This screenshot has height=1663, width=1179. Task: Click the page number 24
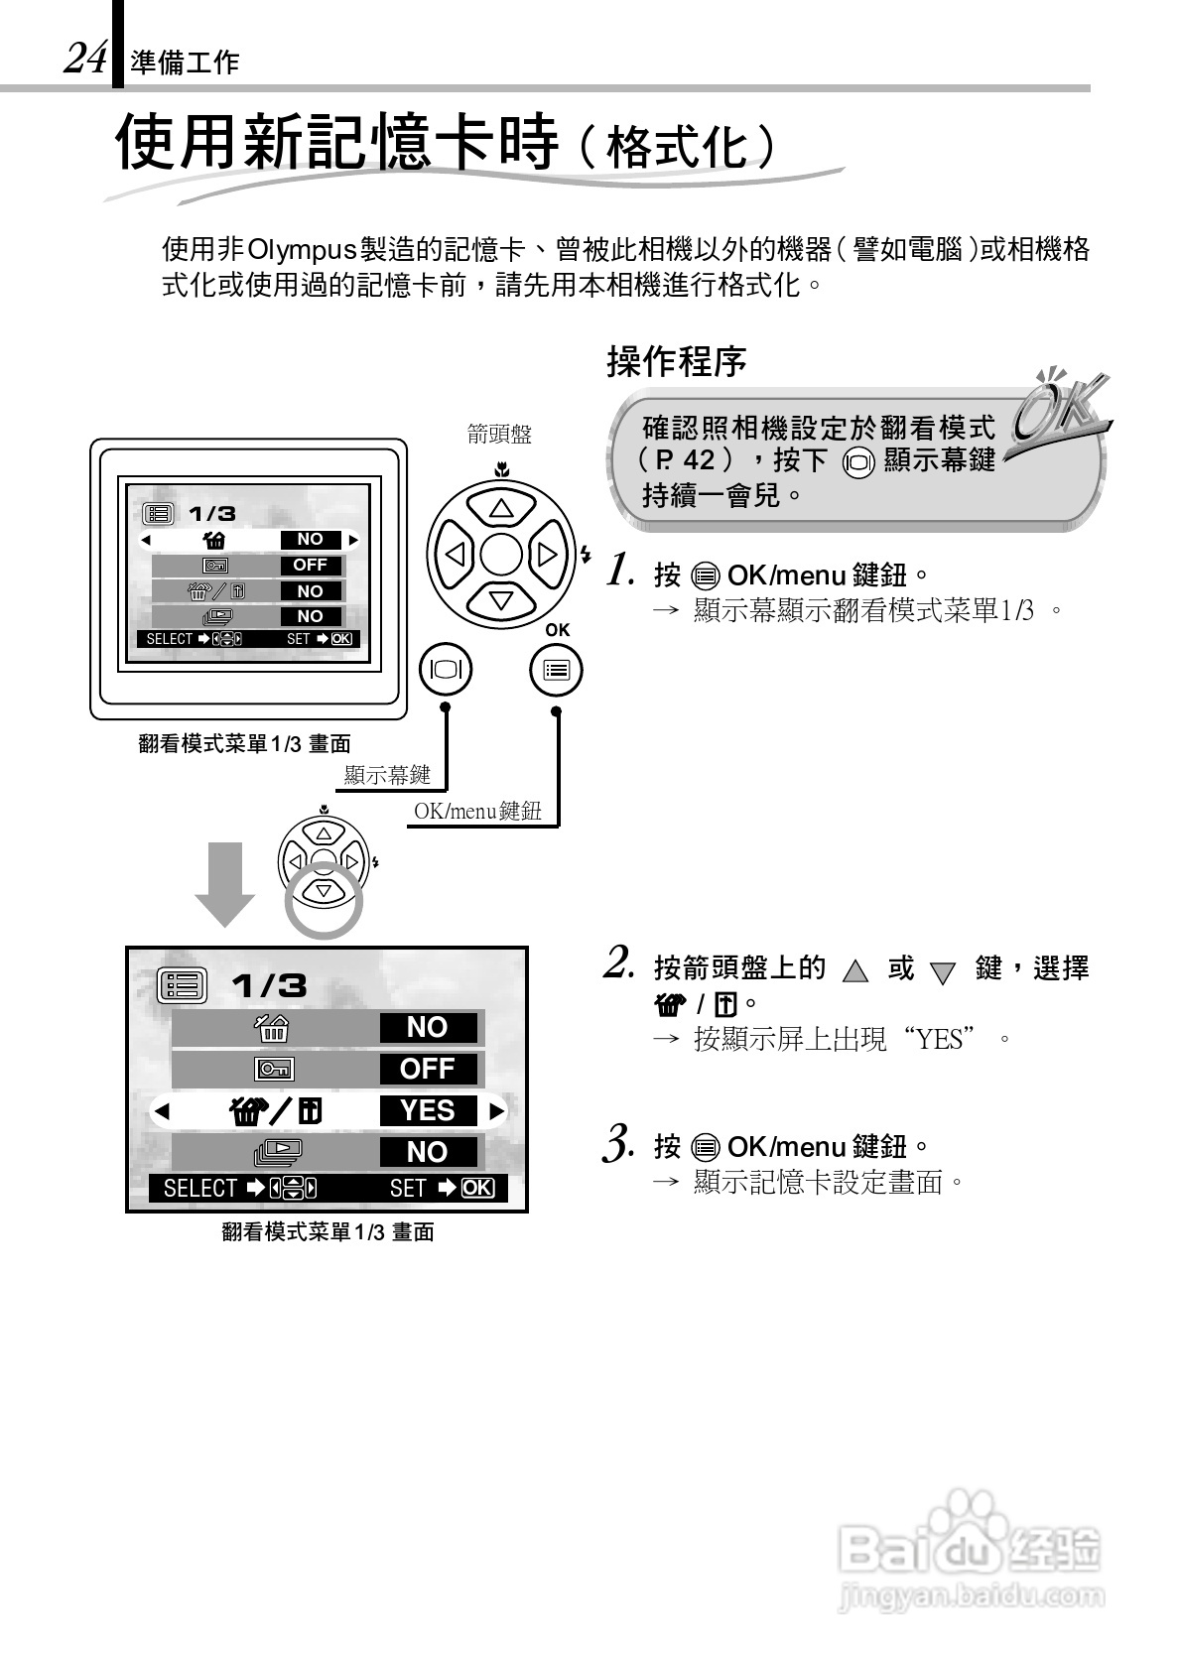coord(84,59)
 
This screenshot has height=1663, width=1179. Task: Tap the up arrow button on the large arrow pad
coord(500,509)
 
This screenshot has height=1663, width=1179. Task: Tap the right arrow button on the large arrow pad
coord(547,555)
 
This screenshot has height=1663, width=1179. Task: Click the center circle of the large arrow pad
coord(500,555)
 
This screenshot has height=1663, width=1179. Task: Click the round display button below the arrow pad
coord(446,670)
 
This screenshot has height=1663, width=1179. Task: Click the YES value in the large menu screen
coord(428,1110)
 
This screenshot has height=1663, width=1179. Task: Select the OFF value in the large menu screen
coord(428,1069)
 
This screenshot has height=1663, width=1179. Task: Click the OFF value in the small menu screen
coord(310,565)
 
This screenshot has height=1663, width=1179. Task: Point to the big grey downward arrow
coord(224,883)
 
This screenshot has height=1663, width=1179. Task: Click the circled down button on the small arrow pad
coord(324,891)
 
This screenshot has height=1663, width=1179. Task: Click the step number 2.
coord(619,962)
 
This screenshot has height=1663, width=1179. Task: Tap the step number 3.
coord(619,1143)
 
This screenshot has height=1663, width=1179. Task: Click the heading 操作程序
coord(676,361)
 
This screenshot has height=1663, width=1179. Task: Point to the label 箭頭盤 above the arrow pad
coord(499,434)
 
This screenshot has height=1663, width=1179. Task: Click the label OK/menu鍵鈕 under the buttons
coord(477,811)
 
